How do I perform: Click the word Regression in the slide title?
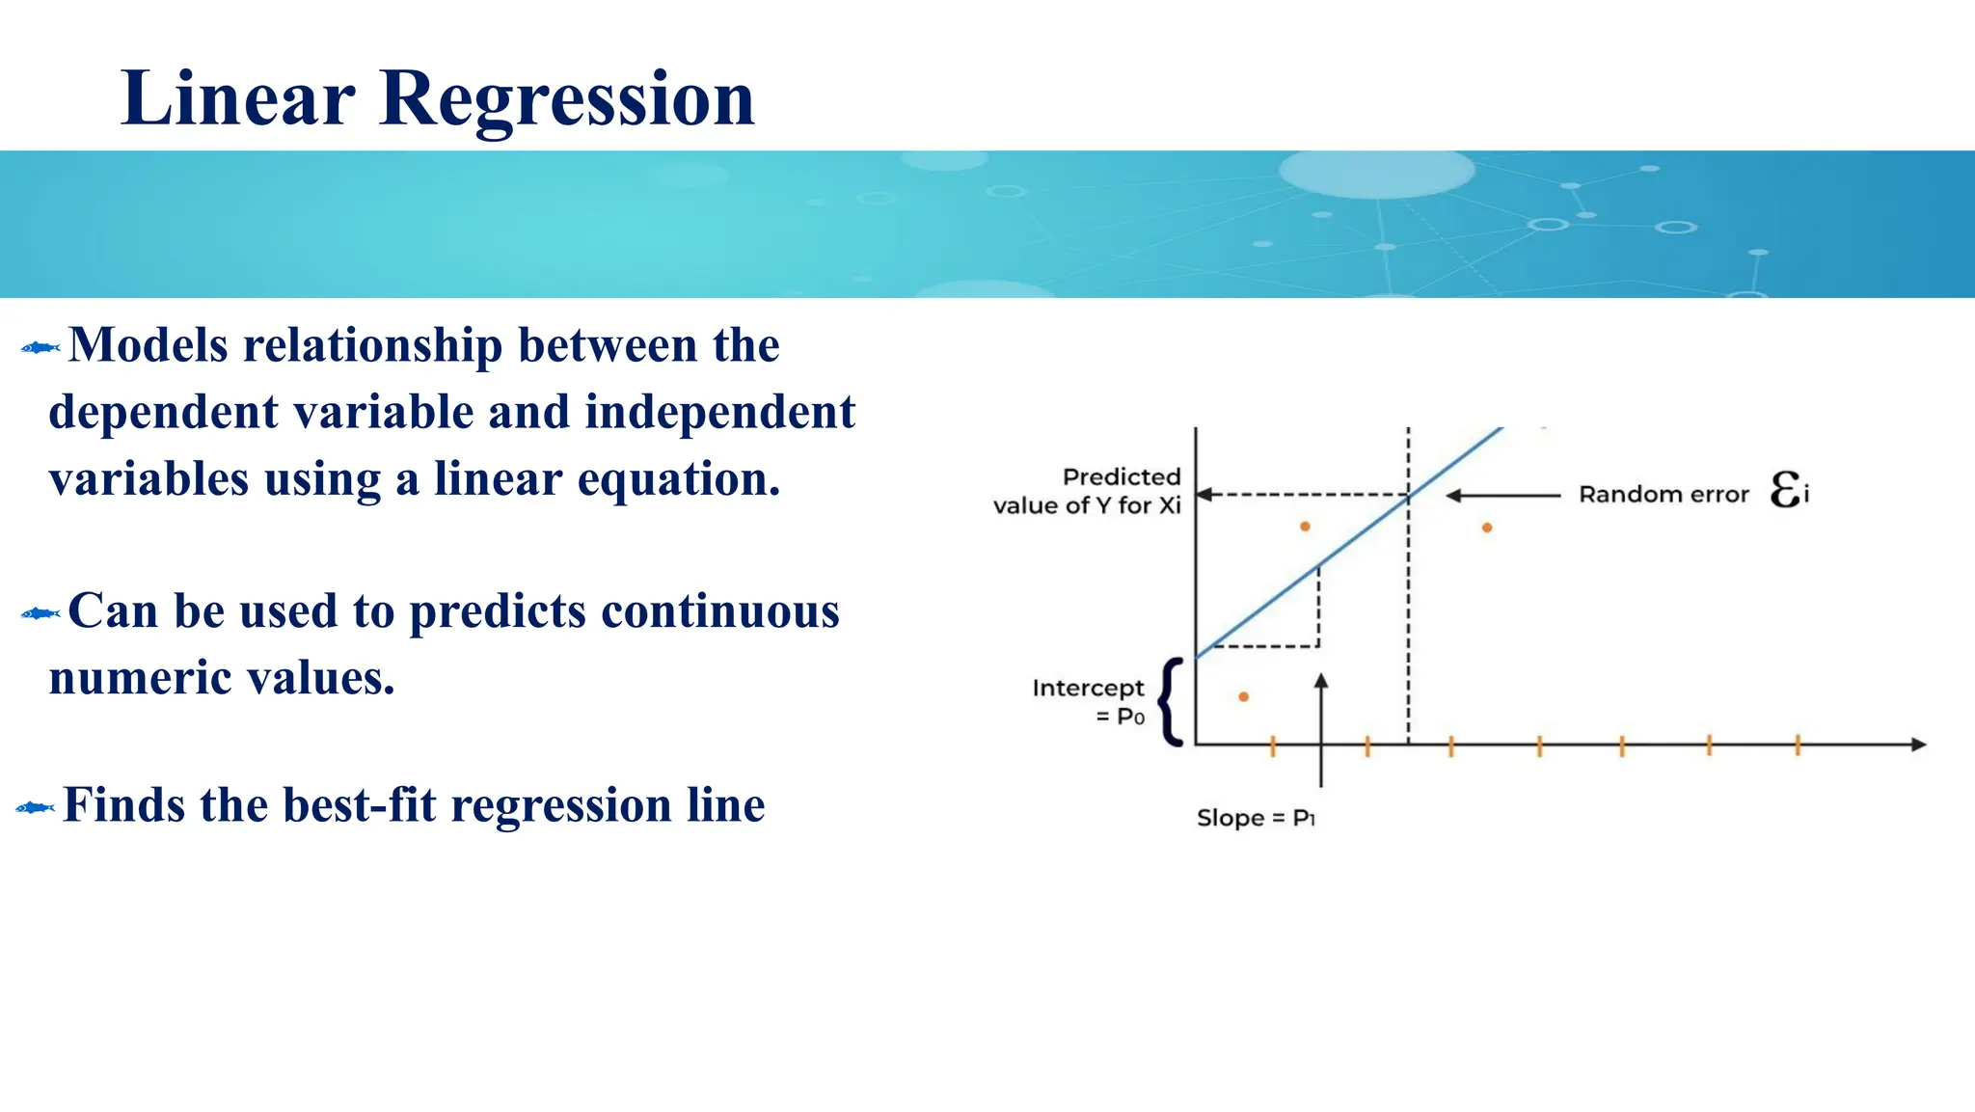tap(567, 99)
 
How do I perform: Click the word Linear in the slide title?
tap(237, 99)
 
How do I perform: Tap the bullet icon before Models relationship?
tap(41, 348)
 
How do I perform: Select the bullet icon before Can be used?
tap(41, 613)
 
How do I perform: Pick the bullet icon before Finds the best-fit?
tap(36, 807)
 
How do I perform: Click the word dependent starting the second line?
tap(163, 413)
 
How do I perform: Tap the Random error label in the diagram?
tap(1663, 495)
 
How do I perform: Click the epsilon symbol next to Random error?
tap(1786, 490)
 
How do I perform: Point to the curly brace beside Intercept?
tap(1170, 702)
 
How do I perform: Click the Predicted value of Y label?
tap(1089, 491)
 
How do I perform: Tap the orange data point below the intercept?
tap(1244, 696)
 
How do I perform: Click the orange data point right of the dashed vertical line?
tap(1487, 528)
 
